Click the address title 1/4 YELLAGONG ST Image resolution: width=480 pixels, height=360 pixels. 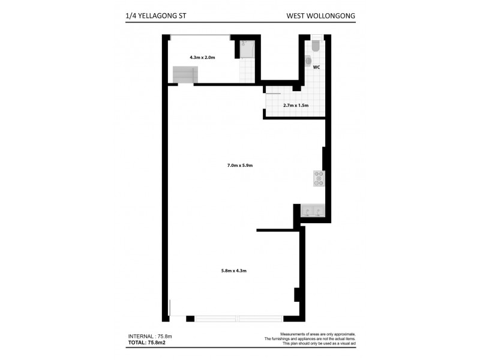(x=155, y=16)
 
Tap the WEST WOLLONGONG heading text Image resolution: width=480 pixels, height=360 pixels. (x=320, y=16)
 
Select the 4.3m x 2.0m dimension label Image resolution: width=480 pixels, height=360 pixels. (x=202, y=57)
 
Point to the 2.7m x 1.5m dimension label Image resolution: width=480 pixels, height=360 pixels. (x=296, y=106)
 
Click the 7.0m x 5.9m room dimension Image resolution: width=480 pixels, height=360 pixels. (x=240, y=166)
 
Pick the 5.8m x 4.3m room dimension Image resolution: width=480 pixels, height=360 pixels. (x=233, y=271)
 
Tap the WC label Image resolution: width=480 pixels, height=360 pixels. (x=316, y=67)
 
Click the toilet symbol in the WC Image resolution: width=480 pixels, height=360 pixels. (x=316, y=47)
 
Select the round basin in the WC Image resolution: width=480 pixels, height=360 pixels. (x=308, y=61)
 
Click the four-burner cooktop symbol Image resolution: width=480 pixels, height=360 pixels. (x=319, y=178)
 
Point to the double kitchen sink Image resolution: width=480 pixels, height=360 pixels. (x=313, y=211)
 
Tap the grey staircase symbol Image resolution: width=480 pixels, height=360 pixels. (x=185, y=74)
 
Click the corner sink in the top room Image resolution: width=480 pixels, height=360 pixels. (x=247, y=49)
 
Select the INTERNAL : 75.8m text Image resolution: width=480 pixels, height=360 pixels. (x=150, y=337)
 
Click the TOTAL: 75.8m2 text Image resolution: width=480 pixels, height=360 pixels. (x=146, y=343)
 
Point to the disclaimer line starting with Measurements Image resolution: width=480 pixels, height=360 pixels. (x=318, y=334)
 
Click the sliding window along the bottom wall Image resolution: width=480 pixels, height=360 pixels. (x=239, y=319)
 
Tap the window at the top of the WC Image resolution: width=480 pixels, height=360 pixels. (x=317, y=37)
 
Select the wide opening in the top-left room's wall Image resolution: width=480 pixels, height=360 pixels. (x=200, y=37)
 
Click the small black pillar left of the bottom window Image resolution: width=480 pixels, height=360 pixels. (x=190, y=319)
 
